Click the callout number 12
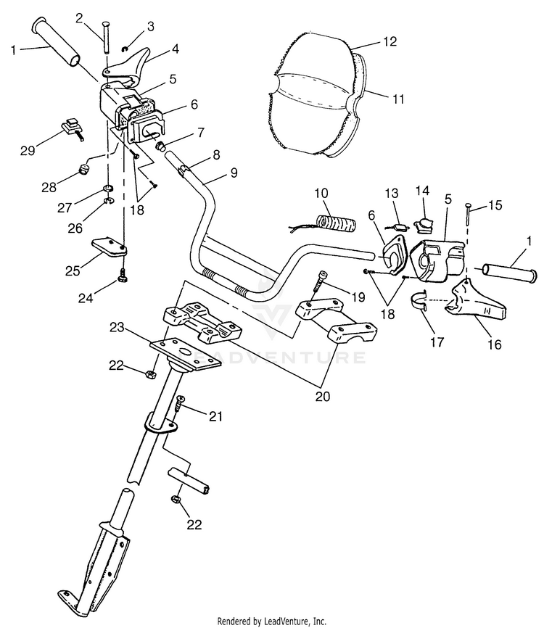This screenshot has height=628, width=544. (x=390, y=41)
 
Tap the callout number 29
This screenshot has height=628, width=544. (x=28, y=151)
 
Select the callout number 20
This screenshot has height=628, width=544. (x=323, y=396)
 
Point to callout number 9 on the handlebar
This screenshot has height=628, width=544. (x=234, y=173)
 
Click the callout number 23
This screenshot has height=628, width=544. (x=117, y=328)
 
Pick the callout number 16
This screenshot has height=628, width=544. (x=495, y=344)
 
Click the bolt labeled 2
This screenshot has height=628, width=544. (x=106, y=36)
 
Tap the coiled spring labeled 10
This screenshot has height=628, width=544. (x=336, y=223)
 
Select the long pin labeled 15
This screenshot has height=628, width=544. (x=467, y=215)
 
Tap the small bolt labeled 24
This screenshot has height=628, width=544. (x=121, y=276)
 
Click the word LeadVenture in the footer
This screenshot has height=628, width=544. (x=288, y=621)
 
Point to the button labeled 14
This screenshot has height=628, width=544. (x=424, y=226)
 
